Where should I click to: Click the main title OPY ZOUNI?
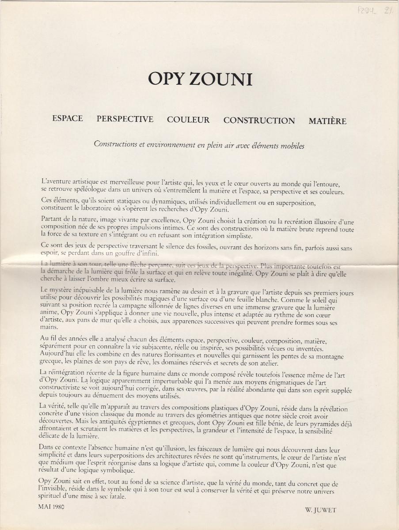pyautogui.click(x=200, y=79)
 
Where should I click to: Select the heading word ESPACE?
pyautogui.click(x=67, y=119)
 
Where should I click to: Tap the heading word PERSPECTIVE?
pyautogui.click(x=125, y=119)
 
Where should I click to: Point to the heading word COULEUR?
pyautogui.click(x=188, y=120)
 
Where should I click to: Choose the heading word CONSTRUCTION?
pyautogui.click(x=259, y=121)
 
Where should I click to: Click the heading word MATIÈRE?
pyautogui.click(x=327, y=121)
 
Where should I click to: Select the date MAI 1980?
pyautogui.click(x=51, y=507)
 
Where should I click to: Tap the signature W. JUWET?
pyautogui.click(x=320, y=510)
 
